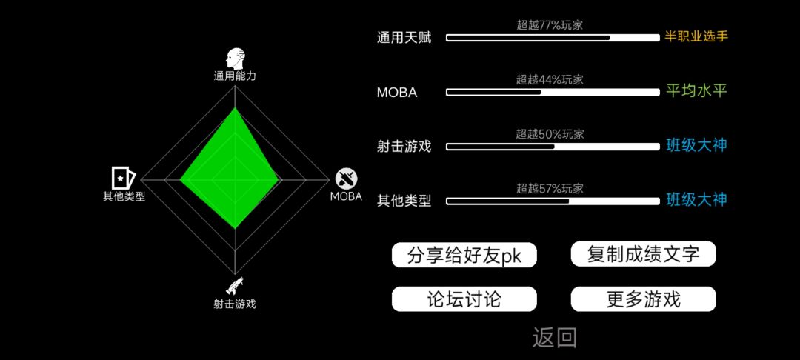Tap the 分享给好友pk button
click(x=464, y=255)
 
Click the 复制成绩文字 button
click(x=643, y=253)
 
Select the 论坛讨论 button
click(x=464, y=299)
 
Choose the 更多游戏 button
click(x=643, y=299)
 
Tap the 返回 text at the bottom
click(x=555, y=338)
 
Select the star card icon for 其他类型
click(x=124, y=178)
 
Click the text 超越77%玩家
click(x=550, y=25)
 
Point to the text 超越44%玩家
click(x=550, y=79)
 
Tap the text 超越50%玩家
click(x=550, y=134)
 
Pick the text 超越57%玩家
click(x=550, y=189)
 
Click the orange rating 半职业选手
click(x=696, y=37)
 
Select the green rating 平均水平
click(x=696, y=91)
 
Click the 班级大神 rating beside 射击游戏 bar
click(x=696, y=146)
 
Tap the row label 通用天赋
click(x=404, y=38)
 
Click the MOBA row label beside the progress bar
click(x=397, y=93)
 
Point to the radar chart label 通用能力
click(x=235, y=76)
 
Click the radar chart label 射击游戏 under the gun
click(x=235, y=304)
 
